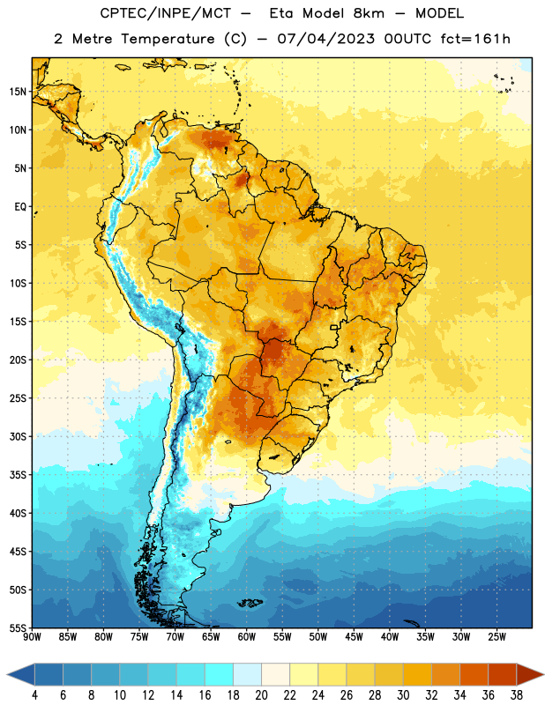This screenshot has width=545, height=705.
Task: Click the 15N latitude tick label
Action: point(18,92)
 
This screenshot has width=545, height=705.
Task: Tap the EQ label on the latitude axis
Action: point(20,207)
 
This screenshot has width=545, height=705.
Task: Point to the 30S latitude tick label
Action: point(18,436)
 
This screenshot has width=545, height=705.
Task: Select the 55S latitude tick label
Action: point(18,628)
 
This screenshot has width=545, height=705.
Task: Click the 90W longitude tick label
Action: point(32,637)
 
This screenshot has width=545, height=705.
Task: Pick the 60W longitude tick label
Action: point(247,637)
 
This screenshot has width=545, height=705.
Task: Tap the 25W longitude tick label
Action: point(496,637)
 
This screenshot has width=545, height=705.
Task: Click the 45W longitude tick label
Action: point(354,637)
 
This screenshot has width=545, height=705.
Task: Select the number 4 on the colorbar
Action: point(34,695)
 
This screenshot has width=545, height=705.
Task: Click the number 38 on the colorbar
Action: point(517,695)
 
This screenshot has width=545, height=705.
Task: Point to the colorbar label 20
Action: point(261,695)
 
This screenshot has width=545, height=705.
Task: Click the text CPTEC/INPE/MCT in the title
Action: point(166,13)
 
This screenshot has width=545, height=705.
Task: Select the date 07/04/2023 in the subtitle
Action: point(325,39)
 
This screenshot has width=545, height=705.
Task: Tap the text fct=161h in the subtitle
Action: point(475,39)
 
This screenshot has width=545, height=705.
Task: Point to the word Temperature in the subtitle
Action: point(168,39)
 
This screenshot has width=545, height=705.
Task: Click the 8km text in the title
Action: point(369,13)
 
